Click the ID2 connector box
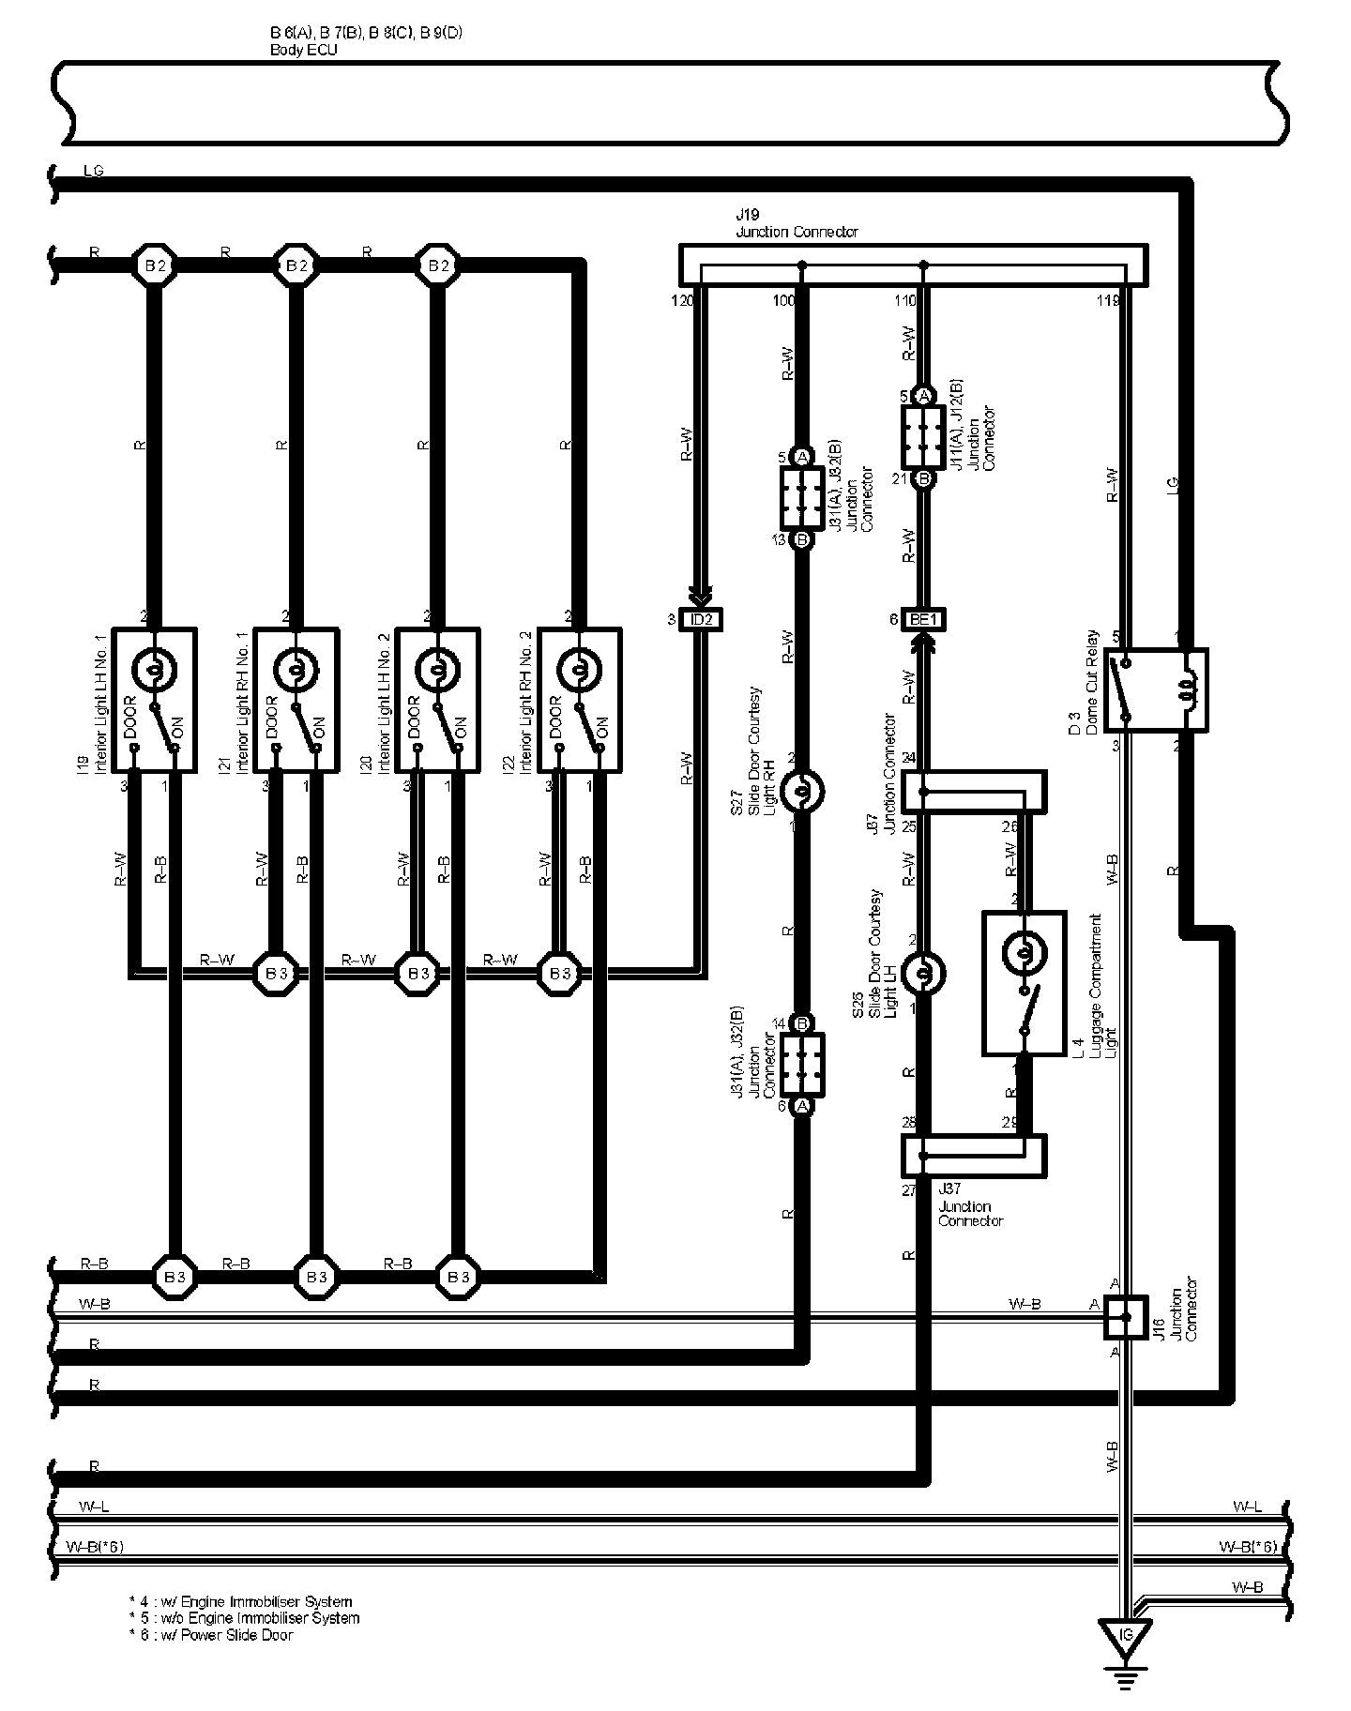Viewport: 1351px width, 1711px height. click(701, 619)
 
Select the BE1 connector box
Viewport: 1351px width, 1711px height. click(924, 619)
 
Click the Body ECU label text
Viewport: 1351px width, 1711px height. click(303, 50)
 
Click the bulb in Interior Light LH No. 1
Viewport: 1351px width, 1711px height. click(153, 670)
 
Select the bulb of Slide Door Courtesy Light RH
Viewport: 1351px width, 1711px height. click(802, 791)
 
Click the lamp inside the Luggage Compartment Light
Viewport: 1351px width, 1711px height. click(1023, 953)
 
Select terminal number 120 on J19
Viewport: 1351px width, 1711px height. click(682, 301)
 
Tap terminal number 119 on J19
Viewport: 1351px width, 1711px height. click(1108, 301)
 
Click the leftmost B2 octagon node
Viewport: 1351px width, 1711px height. click(154, 265)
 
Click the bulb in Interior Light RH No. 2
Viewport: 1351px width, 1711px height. click(578, 670)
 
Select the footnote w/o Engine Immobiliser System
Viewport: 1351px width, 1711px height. click(244, 1618)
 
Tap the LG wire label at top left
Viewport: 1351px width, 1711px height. click(94, 171)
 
